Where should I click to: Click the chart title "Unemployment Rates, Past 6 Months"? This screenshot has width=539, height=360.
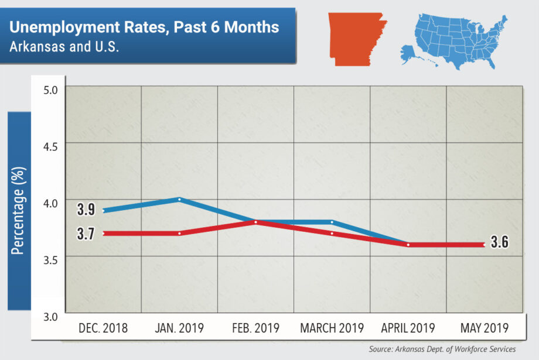(144, 27)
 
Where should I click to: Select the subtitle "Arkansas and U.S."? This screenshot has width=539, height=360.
(64, 47)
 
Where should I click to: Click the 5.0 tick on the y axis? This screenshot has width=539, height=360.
(51, 90)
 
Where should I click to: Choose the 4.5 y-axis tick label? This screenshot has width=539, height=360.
(51, 146)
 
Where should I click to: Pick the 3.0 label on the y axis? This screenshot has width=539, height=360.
(51, 317)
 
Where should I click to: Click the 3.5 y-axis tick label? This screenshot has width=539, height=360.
(51, 260)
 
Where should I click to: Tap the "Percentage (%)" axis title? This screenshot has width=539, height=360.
(19, 209)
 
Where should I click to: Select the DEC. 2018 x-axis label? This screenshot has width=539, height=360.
(103, 328)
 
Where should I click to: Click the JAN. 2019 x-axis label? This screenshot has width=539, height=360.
(179, 328)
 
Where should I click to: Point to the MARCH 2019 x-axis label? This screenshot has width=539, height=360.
(332, 328)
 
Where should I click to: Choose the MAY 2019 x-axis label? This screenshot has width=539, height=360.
(484, 328)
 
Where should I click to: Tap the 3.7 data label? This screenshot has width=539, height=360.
(86, 234)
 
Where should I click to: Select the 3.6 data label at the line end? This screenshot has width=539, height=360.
(499, 244)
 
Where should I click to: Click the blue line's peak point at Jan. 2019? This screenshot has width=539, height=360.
(179, 199)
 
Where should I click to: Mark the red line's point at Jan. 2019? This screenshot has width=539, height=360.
(179, 233)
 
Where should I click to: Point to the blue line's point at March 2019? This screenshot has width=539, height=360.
(332, 222)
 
